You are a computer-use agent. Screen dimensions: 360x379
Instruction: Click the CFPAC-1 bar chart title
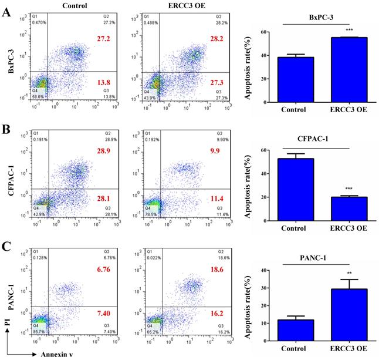pos(316,137)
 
